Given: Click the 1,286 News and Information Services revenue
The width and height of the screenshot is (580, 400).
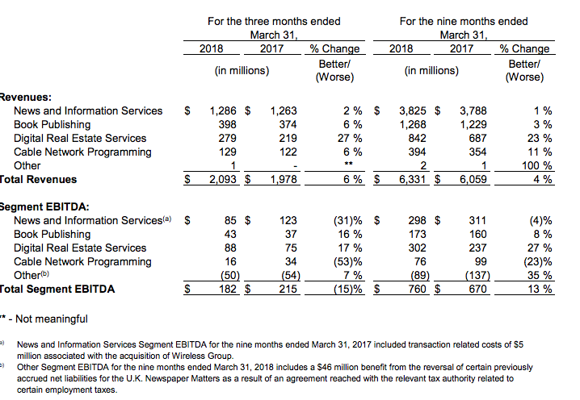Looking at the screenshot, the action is (x=223, y=110).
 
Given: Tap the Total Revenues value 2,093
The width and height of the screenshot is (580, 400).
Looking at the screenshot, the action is (x=223, y=179).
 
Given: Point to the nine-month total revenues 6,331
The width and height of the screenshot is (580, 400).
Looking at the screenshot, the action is (x=413, y=179).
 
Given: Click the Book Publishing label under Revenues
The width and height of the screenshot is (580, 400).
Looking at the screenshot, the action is (x=53, y=125).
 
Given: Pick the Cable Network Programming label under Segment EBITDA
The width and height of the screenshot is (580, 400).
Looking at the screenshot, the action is (x=82, y=262).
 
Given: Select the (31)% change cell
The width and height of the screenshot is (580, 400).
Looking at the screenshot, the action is (x=347, y=220).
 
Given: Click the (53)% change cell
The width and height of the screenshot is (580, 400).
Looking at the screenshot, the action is (x=347, y=262).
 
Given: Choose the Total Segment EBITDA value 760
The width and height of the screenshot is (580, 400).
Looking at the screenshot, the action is (x=418, y=289).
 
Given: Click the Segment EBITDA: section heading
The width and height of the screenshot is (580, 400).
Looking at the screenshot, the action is (x=44, y=206).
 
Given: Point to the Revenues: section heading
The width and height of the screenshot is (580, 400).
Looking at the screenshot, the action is (x=26, y=97).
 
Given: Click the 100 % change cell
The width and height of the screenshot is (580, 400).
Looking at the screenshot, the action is (x=536, y=165).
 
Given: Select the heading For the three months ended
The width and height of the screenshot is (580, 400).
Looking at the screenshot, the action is (x=274, y=22).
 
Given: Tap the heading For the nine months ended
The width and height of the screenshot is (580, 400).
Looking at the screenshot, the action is (x=464, y=22).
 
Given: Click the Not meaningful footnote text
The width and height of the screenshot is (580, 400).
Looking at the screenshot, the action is (x=52, y=319).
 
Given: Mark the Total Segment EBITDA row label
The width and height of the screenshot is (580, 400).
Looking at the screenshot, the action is (x=57, y=289).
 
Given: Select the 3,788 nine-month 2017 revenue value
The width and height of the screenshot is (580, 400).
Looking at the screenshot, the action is (x=473, y=110).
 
